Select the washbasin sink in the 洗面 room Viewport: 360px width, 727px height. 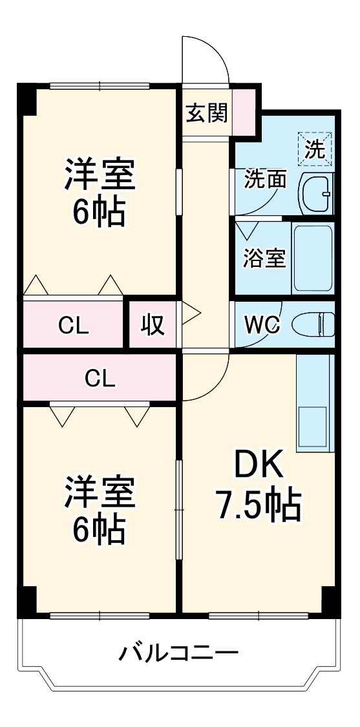(315, 193)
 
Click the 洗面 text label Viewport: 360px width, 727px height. (265, 180)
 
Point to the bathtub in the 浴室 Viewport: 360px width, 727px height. (312, 258)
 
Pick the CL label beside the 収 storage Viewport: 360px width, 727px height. (73, 326)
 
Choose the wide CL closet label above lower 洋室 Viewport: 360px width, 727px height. (100, 378)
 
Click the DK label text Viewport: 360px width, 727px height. (258, 464)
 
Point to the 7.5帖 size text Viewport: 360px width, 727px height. (258, 505)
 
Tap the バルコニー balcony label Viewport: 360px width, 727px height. (178, 653)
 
